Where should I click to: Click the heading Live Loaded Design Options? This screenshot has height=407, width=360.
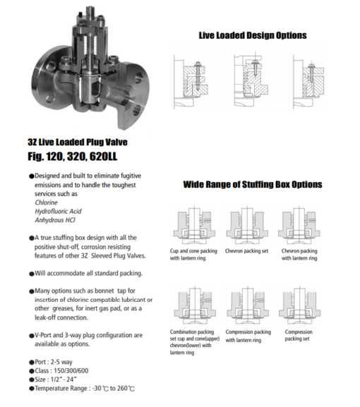252,35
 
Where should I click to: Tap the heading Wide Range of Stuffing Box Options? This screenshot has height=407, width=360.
252,185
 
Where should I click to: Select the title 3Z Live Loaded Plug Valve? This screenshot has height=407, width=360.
77,142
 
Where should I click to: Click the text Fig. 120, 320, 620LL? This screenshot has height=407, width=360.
76,156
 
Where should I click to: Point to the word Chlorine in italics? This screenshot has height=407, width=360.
47,202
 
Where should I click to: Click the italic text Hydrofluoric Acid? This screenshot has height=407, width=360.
59,211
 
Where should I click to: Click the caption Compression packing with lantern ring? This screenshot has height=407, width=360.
248,335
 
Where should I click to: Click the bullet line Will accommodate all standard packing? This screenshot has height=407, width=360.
89,272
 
